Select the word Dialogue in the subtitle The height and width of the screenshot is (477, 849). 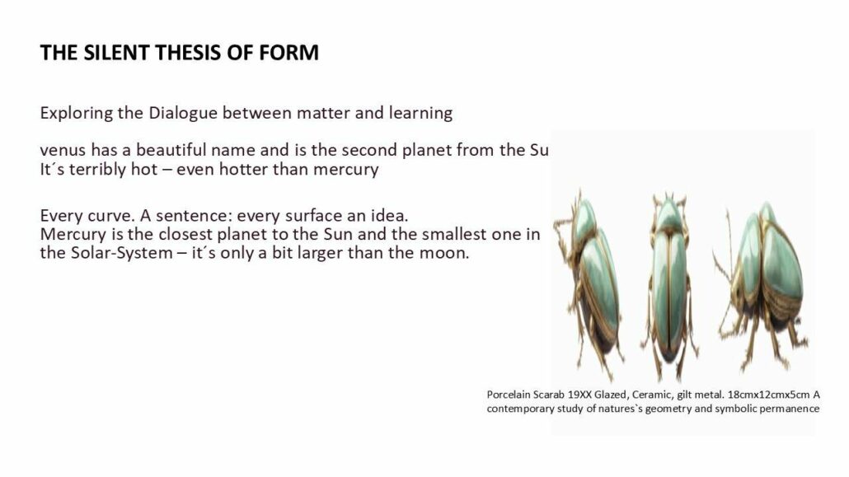183,113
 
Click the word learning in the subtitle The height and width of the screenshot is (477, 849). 420,113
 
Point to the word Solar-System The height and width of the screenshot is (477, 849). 122,253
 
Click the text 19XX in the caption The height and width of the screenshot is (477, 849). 579,395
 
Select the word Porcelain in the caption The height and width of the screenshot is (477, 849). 509,395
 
